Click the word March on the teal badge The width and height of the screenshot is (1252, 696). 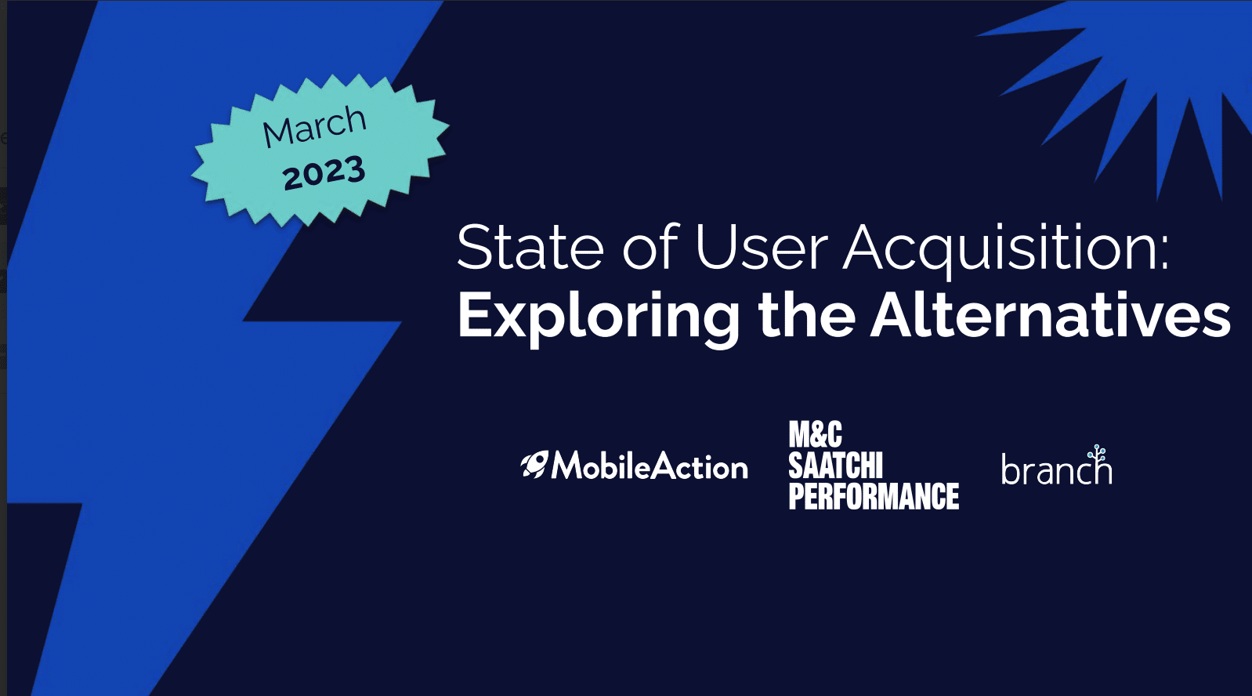point(314,126)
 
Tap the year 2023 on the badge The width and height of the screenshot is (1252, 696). point(324,173)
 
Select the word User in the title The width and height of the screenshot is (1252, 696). point(761,248)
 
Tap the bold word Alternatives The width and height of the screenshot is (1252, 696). point(1051,315)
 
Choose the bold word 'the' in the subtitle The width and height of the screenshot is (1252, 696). point(806,315)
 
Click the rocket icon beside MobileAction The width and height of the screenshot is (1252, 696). point(534,465)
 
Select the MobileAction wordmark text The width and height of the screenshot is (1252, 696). point(650,466)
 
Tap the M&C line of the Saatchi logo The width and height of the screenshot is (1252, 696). point(815,435)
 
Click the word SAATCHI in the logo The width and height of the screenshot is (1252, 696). point(835,466)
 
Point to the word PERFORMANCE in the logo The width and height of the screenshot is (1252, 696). point(874,496)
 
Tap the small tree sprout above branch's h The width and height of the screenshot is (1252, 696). point(1098,454)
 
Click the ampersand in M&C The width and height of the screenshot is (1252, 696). point(816,435)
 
